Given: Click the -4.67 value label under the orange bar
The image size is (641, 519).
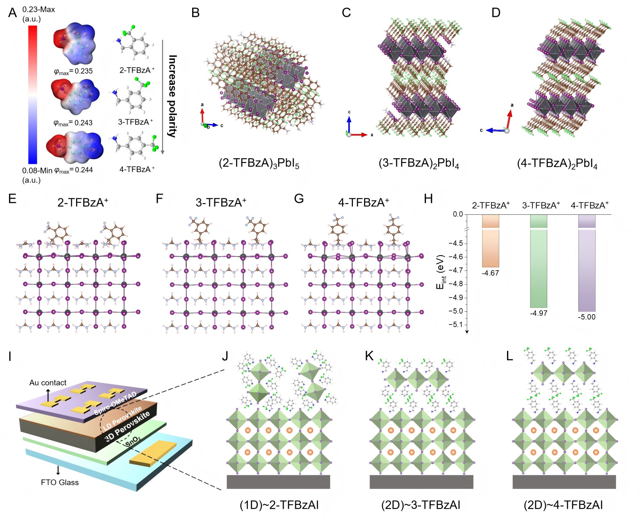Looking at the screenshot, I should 490,273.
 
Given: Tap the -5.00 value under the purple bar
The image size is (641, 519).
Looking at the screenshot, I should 587,317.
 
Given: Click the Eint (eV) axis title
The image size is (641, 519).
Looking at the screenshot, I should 440,272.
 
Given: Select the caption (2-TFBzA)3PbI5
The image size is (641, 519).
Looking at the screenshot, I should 259,163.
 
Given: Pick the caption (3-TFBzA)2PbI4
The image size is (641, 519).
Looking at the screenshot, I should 419,163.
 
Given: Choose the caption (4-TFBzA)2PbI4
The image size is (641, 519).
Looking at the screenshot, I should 557,164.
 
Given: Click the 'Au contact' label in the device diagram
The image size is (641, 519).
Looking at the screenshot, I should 48,383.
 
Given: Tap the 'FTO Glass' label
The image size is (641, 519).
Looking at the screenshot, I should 60,482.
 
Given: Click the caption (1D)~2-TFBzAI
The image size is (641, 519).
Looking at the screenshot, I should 279,505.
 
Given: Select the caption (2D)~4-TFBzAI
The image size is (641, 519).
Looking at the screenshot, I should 563,505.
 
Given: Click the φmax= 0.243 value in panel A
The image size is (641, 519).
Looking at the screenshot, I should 73,123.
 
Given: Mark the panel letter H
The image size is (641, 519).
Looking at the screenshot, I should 428,199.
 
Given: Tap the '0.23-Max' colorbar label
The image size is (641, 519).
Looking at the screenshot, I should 38,9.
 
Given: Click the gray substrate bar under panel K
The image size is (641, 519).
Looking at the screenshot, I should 421,482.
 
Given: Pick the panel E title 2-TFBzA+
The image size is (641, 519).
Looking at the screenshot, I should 83,202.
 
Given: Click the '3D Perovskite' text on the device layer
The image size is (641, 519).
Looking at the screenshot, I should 127,426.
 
